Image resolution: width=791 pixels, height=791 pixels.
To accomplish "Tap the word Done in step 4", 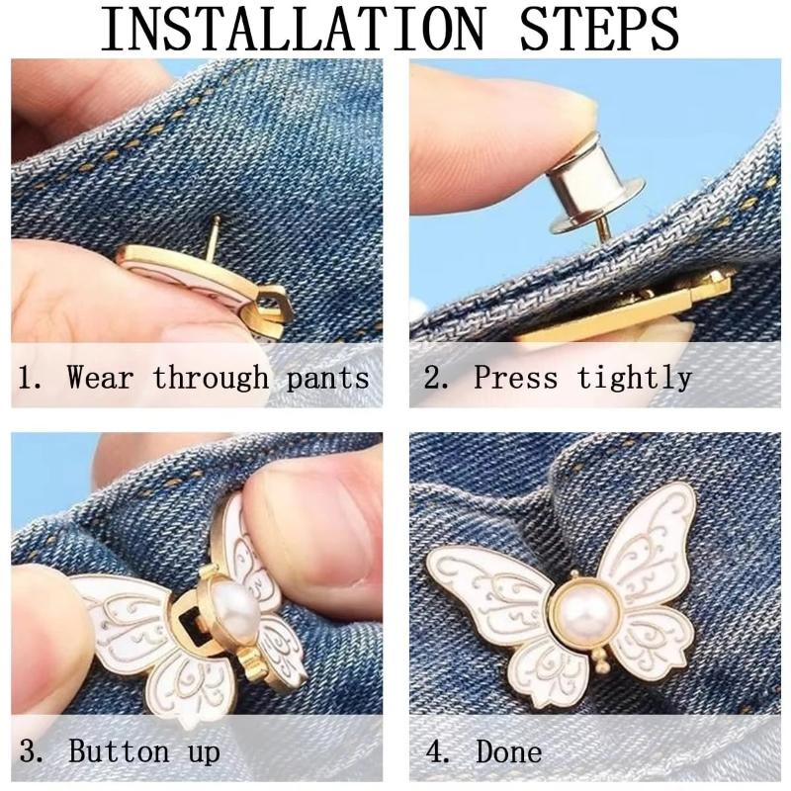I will (509, 751).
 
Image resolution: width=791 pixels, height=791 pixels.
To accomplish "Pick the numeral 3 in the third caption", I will (31, 751).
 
